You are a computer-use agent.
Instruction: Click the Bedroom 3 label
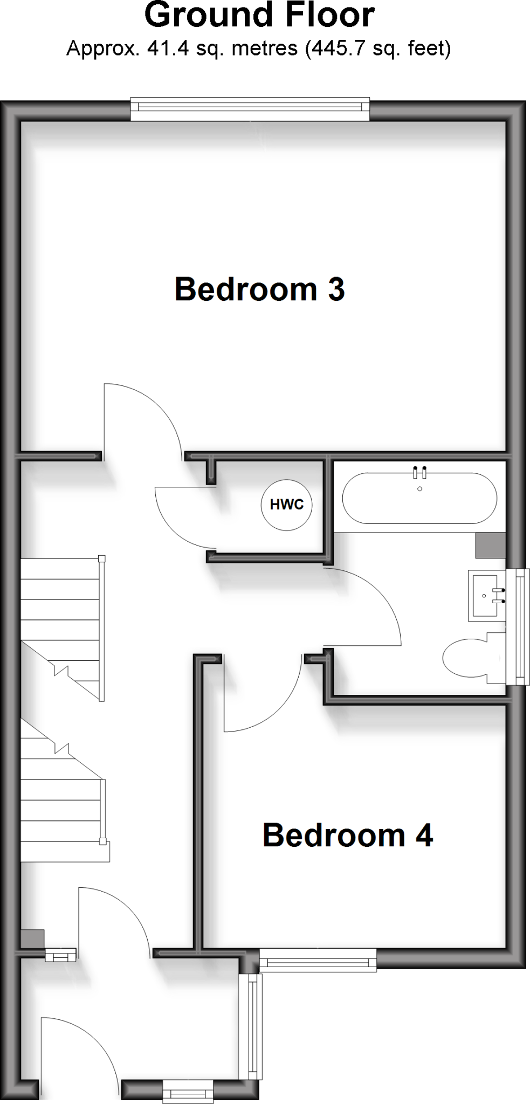(x=259, y=289)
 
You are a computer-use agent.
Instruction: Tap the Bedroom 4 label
(x=347, y=836)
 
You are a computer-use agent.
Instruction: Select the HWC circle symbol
(x=286, y=505)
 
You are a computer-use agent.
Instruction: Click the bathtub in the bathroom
(x=419, y=498)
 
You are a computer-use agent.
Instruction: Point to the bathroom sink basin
(x=488, y=596)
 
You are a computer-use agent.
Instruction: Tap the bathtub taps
(x=419, y=473)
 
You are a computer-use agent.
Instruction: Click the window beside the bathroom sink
(x=519, y=627)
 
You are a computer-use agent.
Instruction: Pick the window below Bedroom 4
(x=318, y=961)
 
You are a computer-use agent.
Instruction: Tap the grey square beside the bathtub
(x=490, y=546)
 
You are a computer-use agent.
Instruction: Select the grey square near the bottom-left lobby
(x=32, y=939)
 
